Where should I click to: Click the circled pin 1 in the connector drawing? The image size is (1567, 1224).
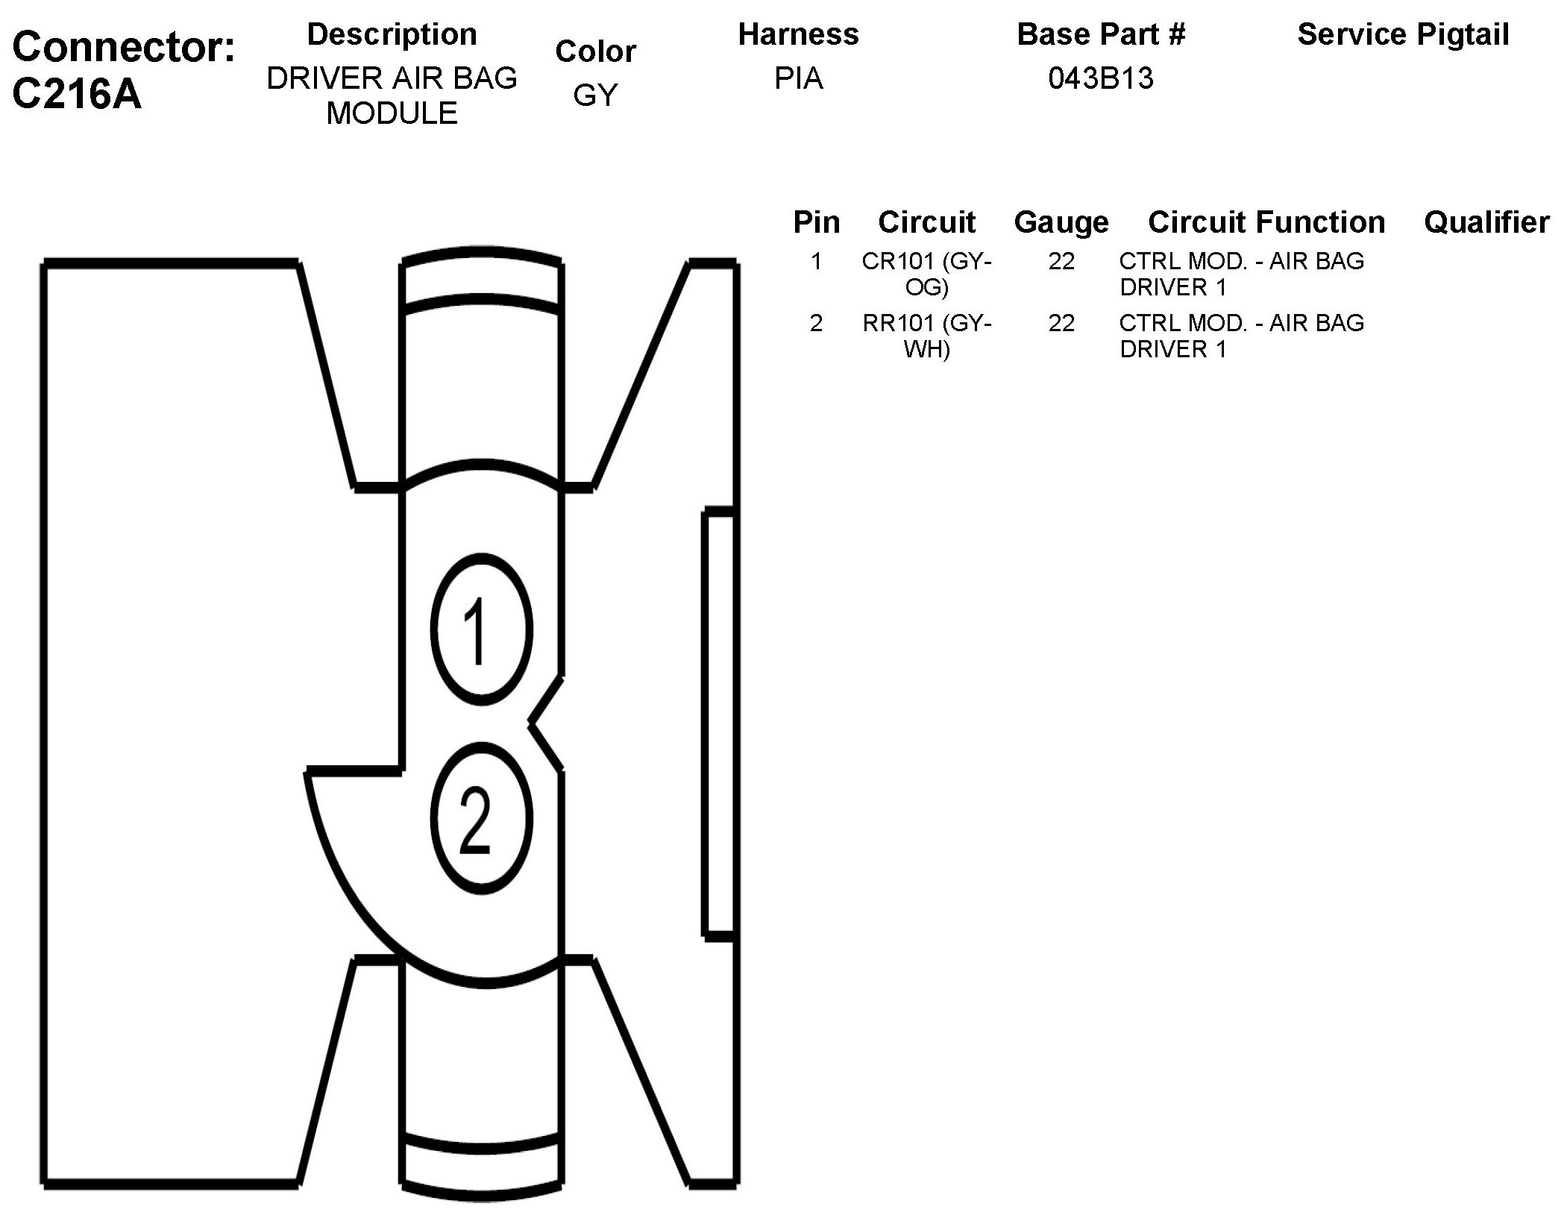(x=481, y=629)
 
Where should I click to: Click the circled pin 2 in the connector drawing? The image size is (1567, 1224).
(x=481, y=818)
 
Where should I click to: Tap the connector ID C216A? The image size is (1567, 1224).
(x=77, y=95)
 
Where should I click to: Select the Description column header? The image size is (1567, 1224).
(x=392, y=34)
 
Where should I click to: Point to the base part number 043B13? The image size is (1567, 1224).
(x=1100, y=78)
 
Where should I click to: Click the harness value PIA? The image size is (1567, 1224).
(x=798, y=78)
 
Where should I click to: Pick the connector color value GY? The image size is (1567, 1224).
(x=595, y=95)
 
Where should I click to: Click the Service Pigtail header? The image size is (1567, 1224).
(x=1403, y=34)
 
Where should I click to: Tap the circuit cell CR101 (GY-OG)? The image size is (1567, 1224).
(x=926, y=274)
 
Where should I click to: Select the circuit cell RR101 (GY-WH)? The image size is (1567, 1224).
(x=926, y=336)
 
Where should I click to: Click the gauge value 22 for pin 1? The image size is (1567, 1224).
(x=1061, y=261)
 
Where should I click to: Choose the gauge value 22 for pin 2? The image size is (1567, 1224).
(x=1061, y=323)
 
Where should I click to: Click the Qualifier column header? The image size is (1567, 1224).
(x=1486, y=222)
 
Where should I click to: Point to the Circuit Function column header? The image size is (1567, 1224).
(x=1266, y=222)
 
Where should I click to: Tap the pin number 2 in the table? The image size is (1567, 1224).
(x=816, y=323)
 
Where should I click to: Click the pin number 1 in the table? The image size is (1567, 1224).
(x=816, y=261)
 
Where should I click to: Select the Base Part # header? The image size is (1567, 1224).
(x=1101, y=34)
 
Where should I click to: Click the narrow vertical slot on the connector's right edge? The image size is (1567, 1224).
(x=719, y=722)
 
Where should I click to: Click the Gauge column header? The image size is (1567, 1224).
(x=1061, y=222)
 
